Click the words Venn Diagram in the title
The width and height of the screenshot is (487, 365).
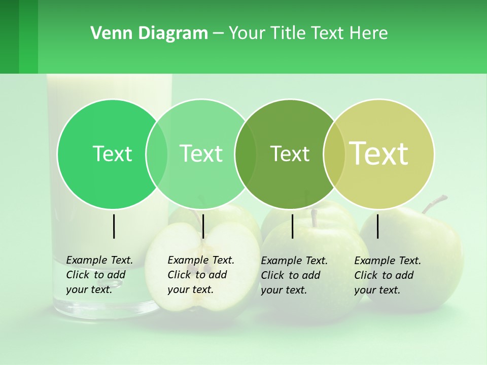(149, 33)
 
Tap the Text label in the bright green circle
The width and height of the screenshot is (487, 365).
(112, 154)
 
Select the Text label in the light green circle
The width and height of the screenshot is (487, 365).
(201, 154)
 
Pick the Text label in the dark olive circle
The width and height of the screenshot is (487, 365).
(290, 154)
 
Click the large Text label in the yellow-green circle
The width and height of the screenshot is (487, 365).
(379, 154)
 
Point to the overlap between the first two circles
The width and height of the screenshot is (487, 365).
(157, 154)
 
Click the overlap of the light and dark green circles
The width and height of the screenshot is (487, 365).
(246, 154)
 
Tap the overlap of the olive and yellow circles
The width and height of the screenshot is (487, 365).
(334, 154)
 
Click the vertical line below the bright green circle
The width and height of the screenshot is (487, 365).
(114, 226)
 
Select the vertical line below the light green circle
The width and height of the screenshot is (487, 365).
(203, 226)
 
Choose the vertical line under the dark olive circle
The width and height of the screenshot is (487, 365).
(292, 226)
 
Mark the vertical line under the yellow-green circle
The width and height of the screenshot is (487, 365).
(377, 226)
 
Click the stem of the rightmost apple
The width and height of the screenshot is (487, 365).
(434, 203)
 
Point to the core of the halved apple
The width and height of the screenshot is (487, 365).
(202, 264)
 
